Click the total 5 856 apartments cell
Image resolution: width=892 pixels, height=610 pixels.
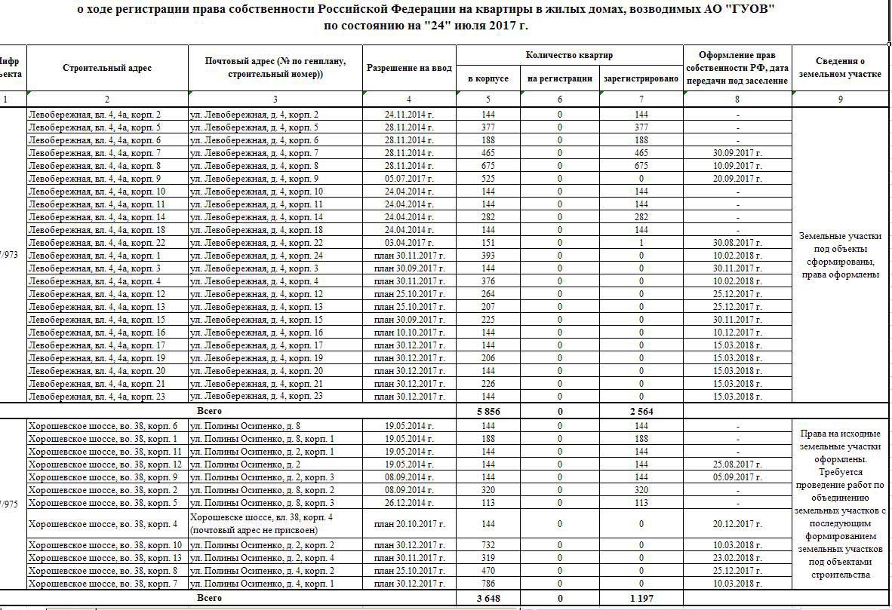[x=488, y=412]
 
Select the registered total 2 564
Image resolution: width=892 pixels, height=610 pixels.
[x=641, y=412]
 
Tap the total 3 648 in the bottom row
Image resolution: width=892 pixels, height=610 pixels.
[x=488, y=599]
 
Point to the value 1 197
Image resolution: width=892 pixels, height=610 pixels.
[x=641, y=599]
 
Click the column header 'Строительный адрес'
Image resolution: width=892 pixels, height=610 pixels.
[x=107, y=68]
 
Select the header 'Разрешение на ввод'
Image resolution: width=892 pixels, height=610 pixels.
[x=409, y=68]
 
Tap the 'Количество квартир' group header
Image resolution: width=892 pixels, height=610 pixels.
[x=569, y=56]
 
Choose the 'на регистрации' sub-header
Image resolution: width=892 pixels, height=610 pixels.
[x=559, y=78]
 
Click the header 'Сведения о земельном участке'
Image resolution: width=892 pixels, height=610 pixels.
[x=840, y=68]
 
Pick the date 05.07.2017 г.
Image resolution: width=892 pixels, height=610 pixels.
[x=409, y=179]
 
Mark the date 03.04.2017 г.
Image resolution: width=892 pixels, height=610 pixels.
[x=409, y=243]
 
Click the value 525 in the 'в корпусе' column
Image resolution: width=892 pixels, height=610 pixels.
[x=488, y=179]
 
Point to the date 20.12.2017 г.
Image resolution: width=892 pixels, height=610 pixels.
[x=737, y=524]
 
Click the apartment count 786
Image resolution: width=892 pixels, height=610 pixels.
[x=488, y=584]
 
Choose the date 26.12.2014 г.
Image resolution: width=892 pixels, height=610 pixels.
[x=409, y=503]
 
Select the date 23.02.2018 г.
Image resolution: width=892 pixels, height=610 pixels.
[x=737, y=558]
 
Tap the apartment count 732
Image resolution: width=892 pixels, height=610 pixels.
[x=488, y=545]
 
